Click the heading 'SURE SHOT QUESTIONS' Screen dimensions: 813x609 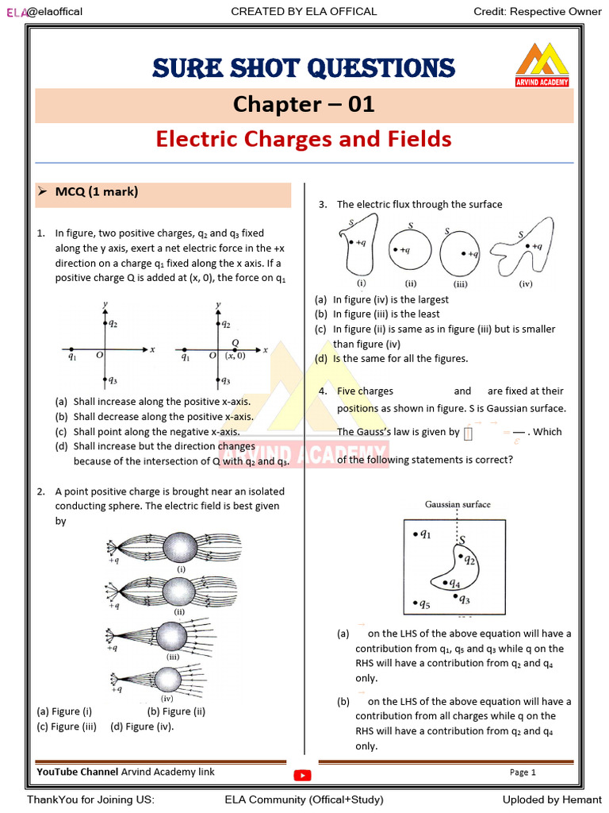304,67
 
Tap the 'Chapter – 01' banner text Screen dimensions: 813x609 304,104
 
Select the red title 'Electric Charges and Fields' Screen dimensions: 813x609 304,139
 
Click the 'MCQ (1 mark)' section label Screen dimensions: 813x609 97,191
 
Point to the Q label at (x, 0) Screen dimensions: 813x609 235,342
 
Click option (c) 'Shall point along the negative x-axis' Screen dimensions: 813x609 156,432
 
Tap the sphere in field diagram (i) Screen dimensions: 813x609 182,547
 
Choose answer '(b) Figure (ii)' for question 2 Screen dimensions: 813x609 176,711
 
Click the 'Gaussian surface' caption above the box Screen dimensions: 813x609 458,504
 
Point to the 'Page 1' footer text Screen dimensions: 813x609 523,773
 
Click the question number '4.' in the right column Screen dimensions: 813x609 323,391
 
